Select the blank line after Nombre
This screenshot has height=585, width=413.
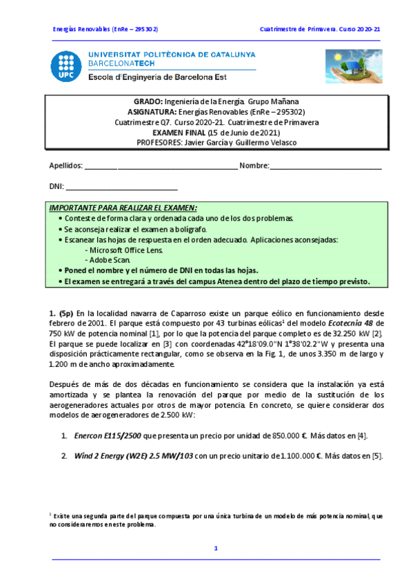point(325,166)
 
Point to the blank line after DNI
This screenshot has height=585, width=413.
point(121,187)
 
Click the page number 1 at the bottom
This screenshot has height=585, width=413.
point(216,548)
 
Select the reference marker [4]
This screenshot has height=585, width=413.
point(362,435)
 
